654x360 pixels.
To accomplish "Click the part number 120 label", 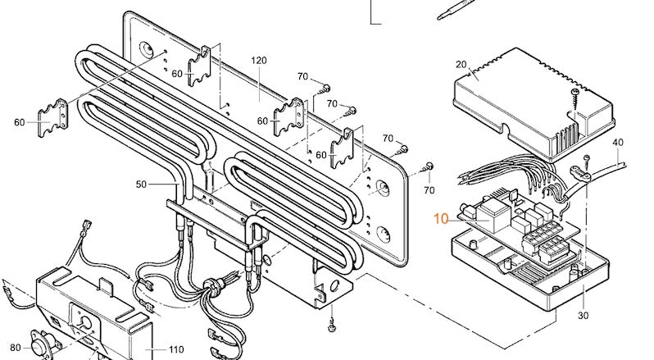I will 260,62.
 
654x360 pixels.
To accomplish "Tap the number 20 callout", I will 460,64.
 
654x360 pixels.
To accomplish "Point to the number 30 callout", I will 584,316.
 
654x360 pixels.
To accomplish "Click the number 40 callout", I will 617,143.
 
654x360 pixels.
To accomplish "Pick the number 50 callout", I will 141,185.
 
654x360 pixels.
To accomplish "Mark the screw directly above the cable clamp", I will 587,157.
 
